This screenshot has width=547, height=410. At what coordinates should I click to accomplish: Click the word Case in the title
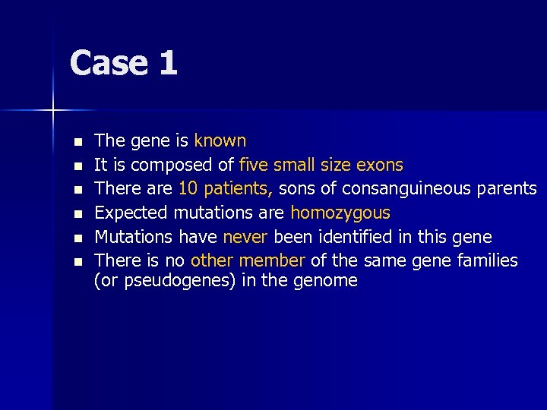107,63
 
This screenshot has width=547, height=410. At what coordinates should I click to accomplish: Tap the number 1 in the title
168,63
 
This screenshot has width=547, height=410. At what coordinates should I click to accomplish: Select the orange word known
220,140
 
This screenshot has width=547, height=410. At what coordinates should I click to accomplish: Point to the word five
253,165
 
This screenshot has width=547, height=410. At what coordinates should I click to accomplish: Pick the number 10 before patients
188,188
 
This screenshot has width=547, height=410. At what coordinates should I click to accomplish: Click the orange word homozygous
340,213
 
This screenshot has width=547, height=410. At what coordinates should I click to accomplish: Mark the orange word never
245,237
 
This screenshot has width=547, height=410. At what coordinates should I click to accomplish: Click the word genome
328,281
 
